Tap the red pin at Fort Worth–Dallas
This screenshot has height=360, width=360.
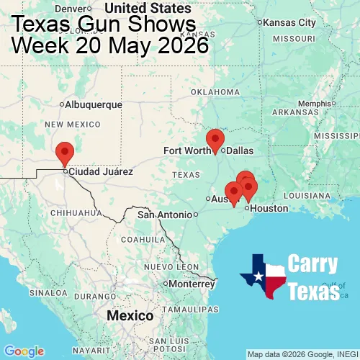[215, 139]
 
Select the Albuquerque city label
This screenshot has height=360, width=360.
[93, 104]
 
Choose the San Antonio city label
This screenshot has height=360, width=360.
[166, 215]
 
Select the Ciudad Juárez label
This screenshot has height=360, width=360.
[100, 172]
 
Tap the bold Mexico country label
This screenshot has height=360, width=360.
[130, 316]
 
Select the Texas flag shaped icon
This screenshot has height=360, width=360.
[264, 276]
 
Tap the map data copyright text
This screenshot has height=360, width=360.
[302, 354]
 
